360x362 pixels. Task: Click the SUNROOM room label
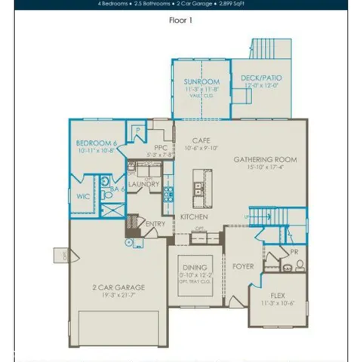[x=202, y=81]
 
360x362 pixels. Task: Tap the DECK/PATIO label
[x=262, y=78]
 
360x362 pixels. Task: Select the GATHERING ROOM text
[x=265, y=160]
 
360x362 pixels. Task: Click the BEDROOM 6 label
[x=97, y=143]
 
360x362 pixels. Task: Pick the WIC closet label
[x=83, y=196]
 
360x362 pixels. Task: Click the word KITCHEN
[x=193, y=217]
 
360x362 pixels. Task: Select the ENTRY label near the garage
[x=155, y=224]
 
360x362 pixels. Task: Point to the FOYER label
[x=243, y=266]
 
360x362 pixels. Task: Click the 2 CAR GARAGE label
[x=120, y=287]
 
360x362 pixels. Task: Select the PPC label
[x=160, y=148]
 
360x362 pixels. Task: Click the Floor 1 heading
[x=180, y=21]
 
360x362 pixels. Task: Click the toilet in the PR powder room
[x=300, y=264]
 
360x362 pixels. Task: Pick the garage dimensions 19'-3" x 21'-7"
[x=120, y=296]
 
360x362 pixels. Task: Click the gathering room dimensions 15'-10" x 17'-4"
[x=265, y=168]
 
